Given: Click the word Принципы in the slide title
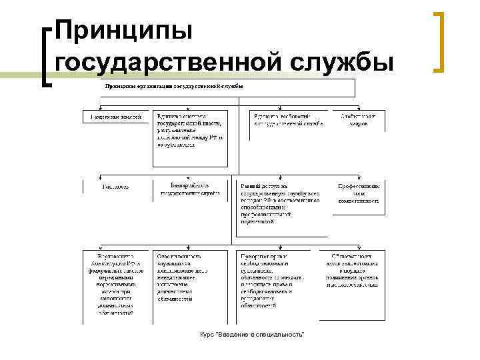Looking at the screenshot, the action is (124, 31).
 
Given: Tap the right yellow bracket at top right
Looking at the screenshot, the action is (439, 41).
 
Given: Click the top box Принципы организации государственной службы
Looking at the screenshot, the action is (227, 87).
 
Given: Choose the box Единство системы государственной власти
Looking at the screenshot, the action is (190, 137).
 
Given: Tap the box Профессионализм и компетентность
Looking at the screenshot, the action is (359, 193).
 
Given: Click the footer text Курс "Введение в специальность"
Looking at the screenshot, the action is (252, 333).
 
